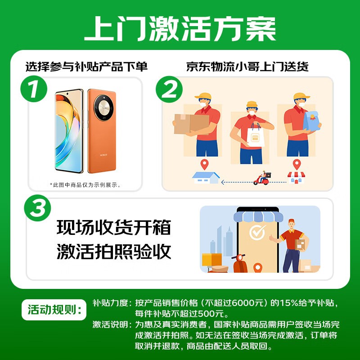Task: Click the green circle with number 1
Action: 34,89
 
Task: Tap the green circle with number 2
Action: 169,89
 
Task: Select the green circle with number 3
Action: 37,208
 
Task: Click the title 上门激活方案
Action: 180,29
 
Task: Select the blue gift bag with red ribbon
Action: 311,121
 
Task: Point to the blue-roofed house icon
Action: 206,177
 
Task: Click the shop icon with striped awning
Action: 296,177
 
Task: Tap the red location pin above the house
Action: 204,164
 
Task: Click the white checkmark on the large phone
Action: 257,232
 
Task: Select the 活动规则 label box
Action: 54,310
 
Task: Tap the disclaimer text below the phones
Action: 85,185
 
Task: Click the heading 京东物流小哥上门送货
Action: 247,67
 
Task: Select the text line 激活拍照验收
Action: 114,252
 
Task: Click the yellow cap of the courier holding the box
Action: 203,96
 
